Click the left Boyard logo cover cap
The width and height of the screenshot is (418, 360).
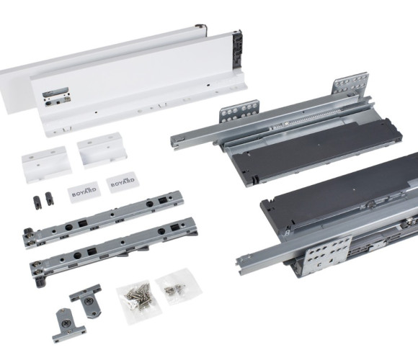pos(84,192)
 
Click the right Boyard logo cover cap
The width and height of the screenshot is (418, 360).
pos(123,182)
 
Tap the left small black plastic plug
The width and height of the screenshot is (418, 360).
pos(37,202)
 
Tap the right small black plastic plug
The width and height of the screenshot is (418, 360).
pos(49,199)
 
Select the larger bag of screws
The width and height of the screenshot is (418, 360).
pos(139,302)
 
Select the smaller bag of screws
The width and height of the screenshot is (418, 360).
pos(178,287)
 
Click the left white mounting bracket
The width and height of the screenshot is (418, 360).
pos(46,164)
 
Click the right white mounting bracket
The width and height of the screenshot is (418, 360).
pos(102,150)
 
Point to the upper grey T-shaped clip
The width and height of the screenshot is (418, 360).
pos(86,300)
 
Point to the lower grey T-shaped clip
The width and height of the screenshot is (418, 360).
pos(67,326)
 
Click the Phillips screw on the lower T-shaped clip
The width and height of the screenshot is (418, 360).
pos(66,324)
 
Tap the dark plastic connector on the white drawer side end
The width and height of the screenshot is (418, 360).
pos(237,49)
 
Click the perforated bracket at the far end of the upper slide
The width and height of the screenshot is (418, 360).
pos(350,83)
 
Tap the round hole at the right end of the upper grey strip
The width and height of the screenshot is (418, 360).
pos(150,204)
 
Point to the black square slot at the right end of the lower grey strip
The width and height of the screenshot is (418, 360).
pos(175,227)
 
